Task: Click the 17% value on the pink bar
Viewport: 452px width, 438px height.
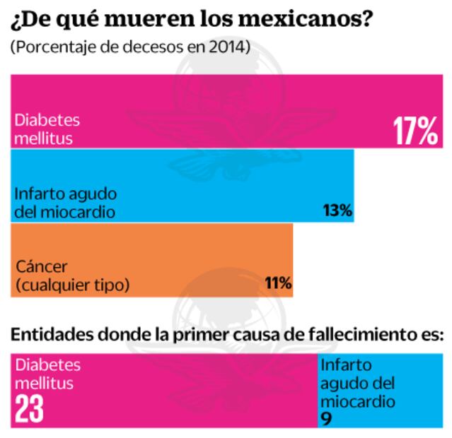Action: click(415, 131)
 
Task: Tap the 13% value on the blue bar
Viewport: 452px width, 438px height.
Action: click(336, 211)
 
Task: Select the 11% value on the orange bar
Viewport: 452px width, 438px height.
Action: click(278, 283)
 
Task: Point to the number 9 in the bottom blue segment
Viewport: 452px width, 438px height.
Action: click(325, 418)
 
